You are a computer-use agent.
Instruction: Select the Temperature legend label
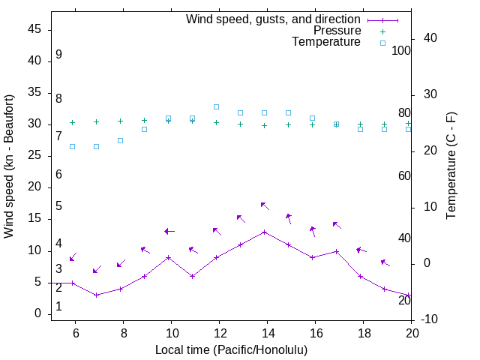click(326, 42)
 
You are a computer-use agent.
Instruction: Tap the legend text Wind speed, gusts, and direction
click(274, 19)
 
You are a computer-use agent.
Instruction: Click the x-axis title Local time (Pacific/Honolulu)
click(231, 349)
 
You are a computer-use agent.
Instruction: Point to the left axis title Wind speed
click(9, 166)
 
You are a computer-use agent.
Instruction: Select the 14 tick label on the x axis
click(267, 331)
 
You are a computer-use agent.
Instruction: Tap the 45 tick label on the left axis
click(34, 29)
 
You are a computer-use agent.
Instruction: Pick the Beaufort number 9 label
click(58, 55)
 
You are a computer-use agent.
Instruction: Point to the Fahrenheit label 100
click(401, 50)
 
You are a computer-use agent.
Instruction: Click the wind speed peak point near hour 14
click(265, 232)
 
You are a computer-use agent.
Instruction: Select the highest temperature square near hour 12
click(216, 106)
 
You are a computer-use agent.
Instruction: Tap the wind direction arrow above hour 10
click(169, 231)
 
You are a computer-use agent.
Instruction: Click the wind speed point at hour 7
click(97, 295)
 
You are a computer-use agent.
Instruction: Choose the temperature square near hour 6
click(73, 146)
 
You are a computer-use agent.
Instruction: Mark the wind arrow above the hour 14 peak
click(264, 205)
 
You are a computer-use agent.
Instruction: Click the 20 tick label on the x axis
click(412, 331)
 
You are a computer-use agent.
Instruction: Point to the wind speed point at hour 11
click(193, 276)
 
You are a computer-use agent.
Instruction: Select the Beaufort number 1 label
click(58, 307)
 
